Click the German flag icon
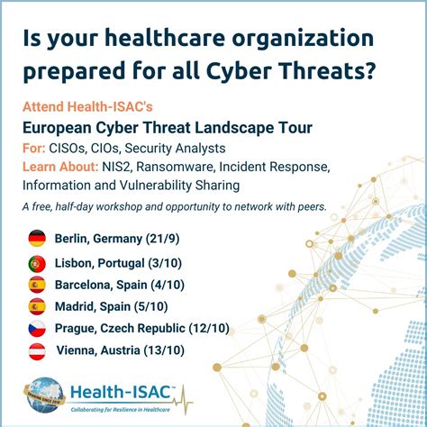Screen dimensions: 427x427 click(37, 238)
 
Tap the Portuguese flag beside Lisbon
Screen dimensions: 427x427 click(37, 264)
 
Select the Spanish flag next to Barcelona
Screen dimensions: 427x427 click(37, 284)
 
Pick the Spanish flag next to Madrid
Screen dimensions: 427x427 click(37, 304)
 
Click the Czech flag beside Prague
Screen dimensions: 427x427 click(37, 327)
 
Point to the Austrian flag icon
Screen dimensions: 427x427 click(37, 350)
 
